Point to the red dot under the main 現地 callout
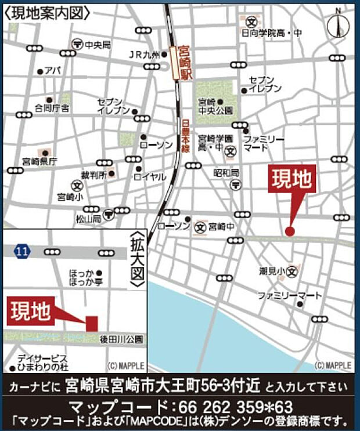[290, 231]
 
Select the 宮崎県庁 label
[39, 161]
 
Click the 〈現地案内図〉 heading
[47, 13]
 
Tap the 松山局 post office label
[88, 219]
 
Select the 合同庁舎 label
[52, 108]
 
